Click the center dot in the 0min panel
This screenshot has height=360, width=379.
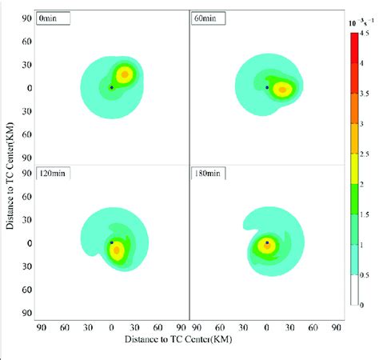pyautogui.click(x=111, y=86)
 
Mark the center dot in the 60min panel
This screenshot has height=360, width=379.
pyautogui.click(x=267, y=86)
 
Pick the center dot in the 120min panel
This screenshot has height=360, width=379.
pyautogui.click(x=111, y=242)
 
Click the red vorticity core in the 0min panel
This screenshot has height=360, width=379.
pyautogui.click(x=125, y=75)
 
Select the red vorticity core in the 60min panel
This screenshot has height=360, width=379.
pyautogui.click(x=281, y=89)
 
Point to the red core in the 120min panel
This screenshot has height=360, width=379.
pyautogui.click(x=117, y=250)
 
